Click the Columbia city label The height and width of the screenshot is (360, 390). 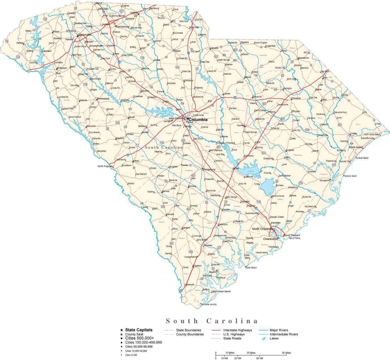198,120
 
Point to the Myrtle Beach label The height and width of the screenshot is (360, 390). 355,147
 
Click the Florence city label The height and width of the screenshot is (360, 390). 296,98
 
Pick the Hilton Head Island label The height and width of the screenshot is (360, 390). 221,291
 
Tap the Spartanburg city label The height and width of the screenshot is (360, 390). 122,27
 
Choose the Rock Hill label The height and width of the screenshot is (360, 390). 194,27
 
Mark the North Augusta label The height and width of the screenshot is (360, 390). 105,166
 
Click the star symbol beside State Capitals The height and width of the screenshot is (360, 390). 122,330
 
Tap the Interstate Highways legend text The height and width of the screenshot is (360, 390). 237,330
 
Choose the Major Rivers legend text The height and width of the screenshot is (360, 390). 279,330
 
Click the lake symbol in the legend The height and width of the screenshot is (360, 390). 264,338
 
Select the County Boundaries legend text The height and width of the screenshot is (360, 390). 190,334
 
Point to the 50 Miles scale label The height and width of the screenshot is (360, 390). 286,353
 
